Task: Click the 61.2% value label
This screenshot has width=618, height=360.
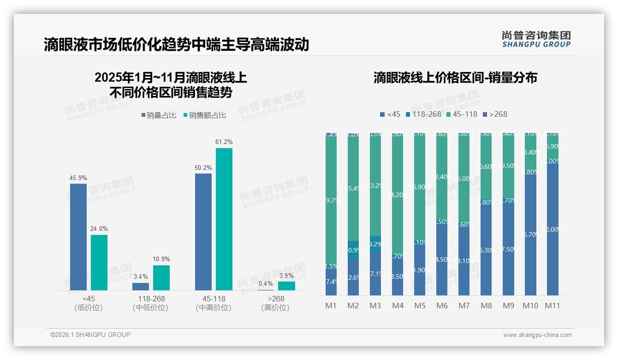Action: [x=224, y=142]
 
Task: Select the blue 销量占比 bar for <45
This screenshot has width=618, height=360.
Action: [x=78, y=237]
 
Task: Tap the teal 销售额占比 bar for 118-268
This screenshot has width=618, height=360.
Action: [x=161, y=277]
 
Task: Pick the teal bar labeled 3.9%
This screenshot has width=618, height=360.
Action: [x=286, y=286]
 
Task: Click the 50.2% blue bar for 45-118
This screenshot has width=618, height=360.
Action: [x=203, y=232]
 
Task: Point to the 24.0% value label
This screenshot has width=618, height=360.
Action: [x=99, y=228]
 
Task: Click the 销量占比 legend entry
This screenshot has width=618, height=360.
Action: [x=159, y=115]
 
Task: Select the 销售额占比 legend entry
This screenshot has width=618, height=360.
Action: [x=205, y=115]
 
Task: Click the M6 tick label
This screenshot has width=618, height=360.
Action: [x=442, y=306]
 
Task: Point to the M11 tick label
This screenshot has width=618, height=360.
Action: [x=552, y=306]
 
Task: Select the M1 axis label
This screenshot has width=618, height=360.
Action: [x=331, y=306]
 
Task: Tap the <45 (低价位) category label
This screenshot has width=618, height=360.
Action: [x=88, y=303]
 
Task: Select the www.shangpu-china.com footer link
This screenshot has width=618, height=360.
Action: [x=537, y=335]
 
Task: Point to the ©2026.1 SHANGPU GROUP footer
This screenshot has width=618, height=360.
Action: [x=90, y=335]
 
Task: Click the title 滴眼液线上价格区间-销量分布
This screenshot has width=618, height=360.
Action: [x=455, y=78]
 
